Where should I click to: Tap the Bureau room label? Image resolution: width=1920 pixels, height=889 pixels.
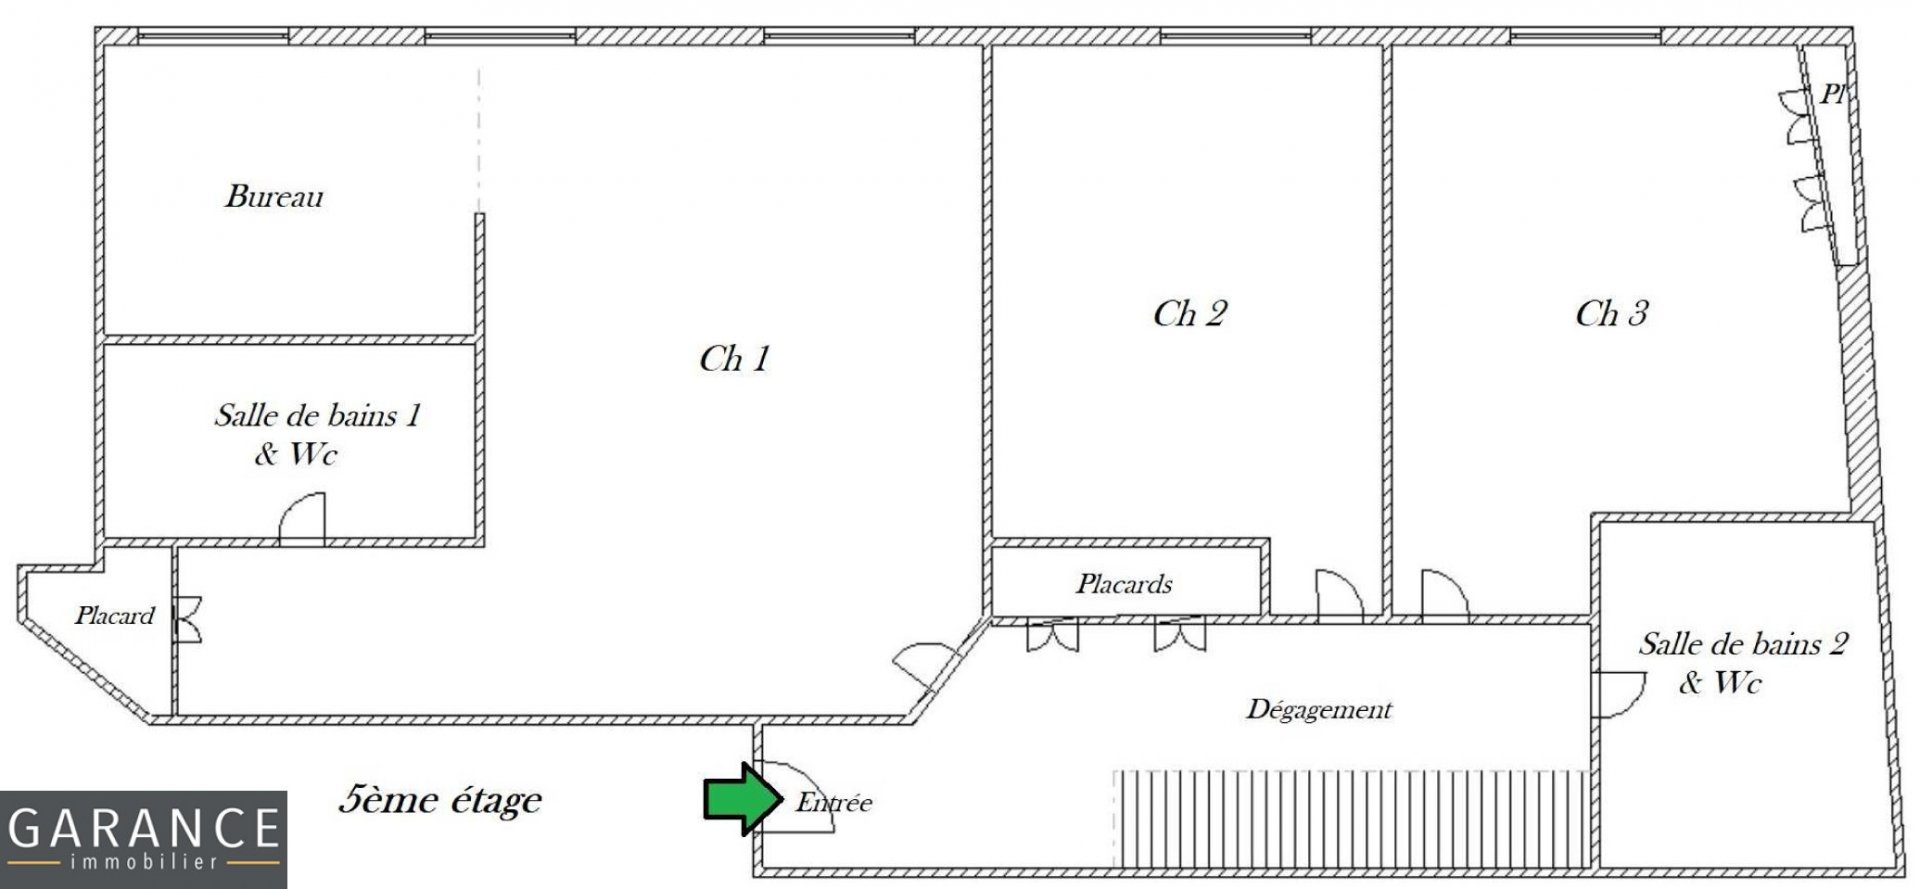coord(274,196)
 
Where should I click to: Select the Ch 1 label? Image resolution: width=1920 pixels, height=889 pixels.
coord(734,359)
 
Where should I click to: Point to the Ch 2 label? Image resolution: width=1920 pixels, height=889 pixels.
coord(1189,314)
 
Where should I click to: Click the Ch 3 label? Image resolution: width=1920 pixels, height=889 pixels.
coord(1611,314)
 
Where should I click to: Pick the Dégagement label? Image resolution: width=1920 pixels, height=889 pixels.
coord(1319,710)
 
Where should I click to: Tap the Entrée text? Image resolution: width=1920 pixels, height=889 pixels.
coord(833,802)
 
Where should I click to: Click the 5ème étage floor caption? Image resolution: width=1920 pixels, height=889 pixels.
coord(440,800)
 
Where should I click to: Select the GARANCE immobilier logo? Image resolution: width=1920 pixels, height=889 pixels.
coord(143,840)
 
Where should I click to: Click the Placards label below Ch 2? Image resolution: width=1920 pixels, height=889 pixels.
coord(1124,583)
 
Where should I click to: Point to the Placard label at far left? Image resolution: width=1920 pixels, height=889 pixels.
coord(114,615)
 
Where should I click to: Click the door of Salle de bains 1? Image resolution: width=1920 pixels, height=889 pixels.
coord(302,519)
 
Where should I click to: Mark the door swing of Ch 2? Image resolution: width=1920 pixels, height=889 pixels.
coord(1339,594)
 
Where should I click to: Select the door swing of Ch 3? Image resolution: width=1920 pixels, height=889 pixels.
coord(1445,594)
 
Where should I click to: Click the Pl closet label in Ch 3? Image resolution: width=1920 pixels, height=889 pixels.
coord(1832,95)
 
